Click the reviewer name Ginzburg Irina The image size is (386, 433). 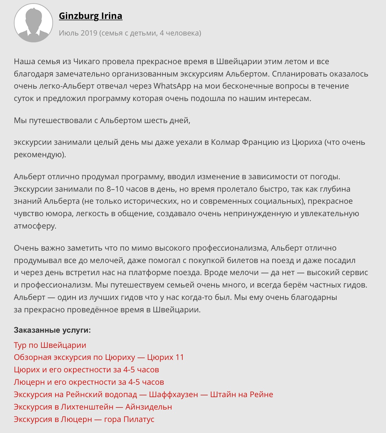[x=90, y=16]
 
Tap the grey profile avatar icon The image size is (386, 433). [x=33, y=23]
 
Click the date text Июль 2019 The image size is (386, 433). [x=78, y=33]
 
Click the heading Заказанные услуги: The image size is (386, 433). [x=52, y=330]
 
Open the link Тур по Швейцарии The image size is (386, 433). [x=50, y=345]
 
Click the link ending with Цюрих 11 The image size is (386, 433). [x=99, y=358]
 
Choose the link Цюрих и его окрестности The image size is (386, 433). [x=86, y=370]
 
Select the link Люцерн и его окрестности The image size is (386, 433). [x=89, y=382]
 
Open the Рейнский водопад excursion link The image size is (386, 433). [x=143, y=395]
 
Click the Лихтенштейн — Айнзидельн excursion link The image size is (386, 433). [x=93, y=407]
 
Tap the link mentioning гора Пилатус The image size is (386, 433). [x=84, y=420]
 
